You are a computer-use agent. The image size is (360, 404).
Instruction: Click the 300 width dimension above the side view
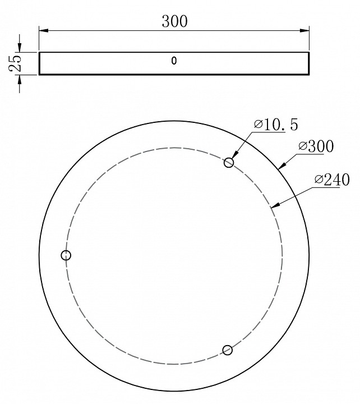(174, 21)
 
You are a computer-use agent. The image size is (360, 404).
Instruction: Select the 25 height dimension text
(15, 63)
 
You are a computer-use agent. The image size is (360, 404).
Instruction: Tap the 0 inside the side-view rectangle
(174, 61)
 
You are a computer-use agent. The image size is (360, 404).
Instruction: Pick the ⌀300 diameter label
(316, 147)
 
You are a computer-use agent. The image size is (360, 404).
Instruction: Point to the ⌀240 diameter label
(332, 180)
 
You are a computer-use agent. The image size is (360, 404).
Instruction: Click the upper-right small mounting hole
(229, 162)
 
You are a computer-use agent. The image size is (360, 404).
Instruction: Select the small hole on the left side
(66, 255)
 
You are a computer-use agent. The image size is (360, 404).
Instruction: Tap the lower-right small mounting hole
(227, 350)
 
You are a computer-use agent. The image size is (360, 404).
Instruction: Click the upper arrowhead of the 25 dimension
(20, 48)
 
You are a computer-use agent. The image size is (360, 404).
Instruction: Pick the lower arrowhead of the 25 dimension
(20, 79)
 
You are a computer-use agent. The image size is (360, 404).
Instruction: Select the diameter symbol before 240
(319, 180)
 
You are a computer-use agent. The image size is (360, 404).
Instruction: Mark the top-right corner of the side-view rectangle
(309, 52)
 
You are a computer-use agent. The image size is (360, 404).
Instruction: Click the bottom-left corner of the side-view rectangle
(39, 74)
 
